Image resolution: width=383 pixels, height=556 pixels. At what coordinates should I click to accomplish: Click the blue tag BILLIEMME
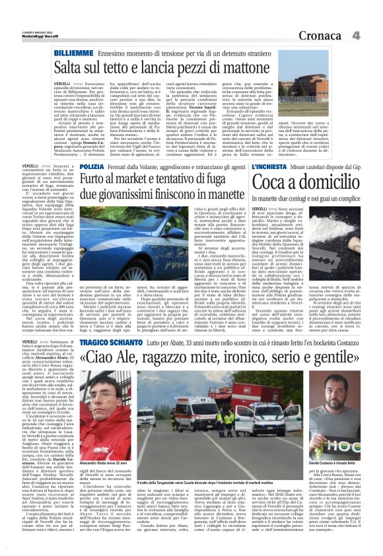coord(73,53)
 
